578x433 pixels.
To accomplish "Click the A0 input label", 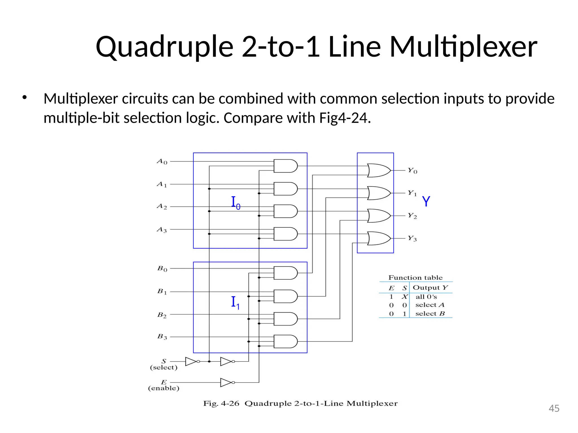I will [162, 162].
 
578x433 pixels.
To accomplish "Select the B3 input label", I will [162, 337].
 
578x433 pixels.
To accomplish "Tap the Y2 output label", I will [412, 216].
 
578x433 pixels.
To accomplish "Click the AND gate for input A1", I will [285, 189].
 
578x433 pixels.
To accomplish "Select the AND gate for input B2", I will [285, 319].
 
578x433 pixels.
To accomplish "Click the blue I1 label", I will [235, 303].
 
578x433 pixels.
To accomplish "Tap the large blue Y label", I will [426, 202].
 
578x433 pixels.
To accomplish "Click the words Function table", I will [415, 278].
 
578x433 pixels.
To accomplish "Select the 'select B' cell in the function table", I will [430, 314].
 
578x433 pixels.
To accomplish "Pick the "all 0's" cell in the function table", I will [426, 297].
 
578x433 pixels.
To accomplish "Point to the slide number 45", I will [554, 408].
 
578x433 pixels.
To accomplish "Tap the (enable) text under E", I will [164, 388].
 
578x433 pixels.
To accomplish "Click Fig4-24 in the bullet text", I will [345, 118].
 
